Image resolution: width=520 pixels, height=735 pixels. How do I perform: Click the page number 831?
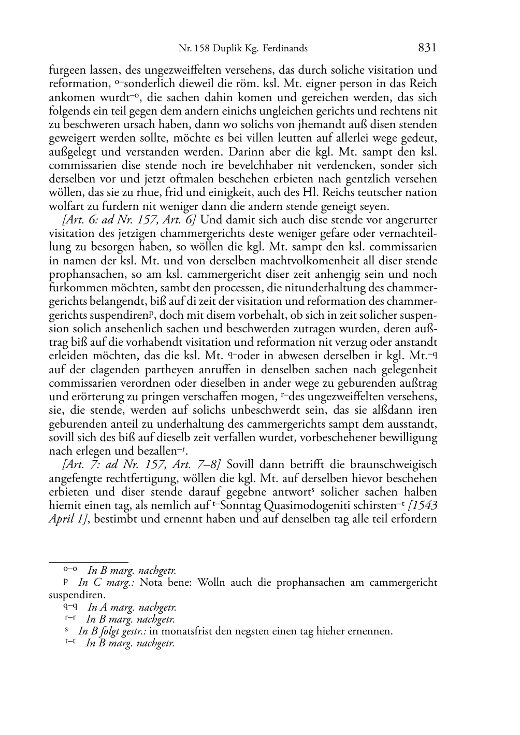[427, 48]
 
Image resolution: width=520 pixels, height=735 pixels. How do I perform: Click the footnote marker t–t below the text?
[71, 643]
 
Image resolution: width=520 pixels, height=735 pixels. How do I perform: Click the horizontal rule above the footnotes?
[88, 562]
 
